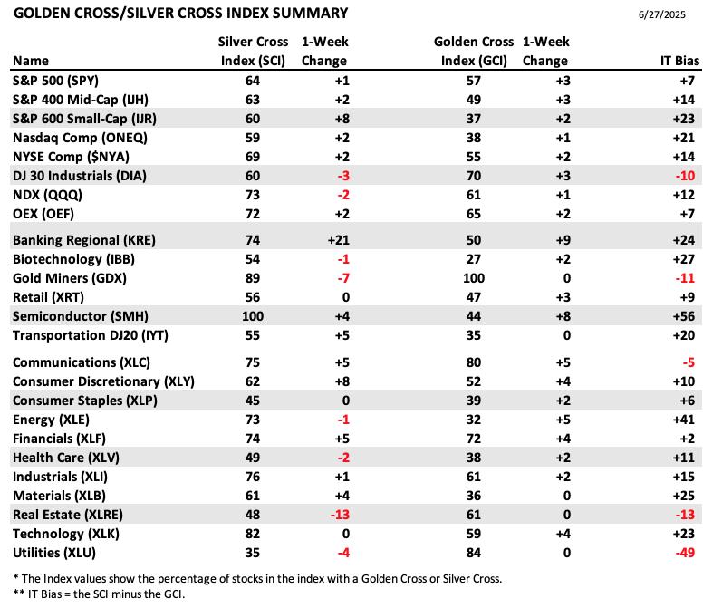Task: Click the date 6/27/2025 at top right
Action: tap(661, 14)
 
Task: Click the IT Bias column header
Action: tap(679, 61)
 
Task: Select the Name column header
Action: tap(31, 61)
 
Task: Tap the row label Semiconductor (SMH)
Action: tap(81, 316)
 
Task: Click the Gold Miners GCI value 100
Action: tap(474, 278)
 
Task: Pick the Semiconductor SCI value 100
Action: tap(253, 316)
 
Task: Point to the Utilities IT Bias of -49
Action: tap(685, 553)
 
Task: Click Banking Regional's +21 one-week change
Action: tap(339, 240)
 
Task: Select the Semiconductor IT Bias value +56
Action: tap(684, 316)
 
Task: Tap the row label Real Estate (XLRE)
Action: tap(68, 515)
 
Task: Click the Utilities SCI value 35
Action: tap(253, 553)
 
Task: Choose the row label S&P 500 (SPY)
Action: tap(55, 81)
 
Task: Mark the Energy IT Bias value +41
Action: tap(684, 420)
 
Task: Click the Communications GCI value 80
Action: tap(474, 362)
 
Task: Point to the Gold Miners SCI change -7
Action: tap(343, 278)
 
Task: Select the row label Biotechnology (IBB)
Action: tap(73, 259)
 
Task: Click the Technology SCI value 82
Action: tap(253, 534)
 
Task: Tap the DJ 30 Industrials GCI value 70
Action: tap(474, 176)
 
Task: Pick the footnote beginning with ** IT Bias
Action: tap(99, 594)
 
